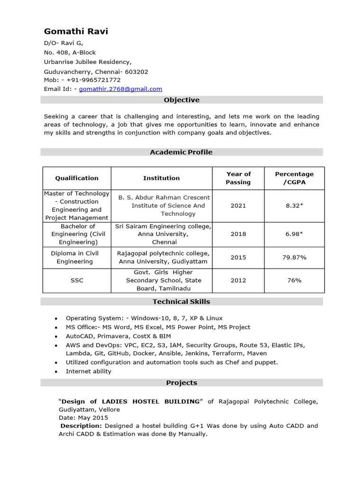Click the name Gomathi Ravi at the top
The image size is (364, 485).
click(76, 31)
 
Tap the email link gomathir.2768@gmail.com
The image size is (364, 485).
click(120, 89)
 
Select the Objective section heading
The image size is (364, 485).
click(182, 100)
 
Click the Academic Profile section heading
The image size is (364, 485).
click(182, 152)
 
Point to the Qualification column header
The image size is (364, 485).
click(77, 178)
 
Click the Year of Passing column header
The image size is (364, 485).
click(238, 178)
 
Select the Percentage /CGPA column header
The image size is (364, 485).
click(294, 178)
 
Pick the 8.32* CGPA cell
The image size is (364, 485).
click(294, 206)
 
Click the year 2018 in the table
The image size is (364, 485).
click(238, 234)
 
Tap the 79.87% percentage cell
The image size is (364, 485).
click(294, 257)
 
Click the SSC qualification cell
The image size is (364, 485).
click(77, 280)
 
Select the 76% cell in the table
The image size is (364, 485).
click(294, 280)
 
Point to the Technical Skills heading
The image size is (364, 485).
click(182, 302)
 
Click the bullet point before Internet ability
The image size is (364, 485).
click(56, 372)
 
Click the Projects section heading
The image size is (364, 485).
click(182, 383)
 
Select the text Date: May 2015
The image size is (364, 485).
click(83, 418)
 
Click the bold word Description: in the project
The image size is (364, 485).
click(81, 426)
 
